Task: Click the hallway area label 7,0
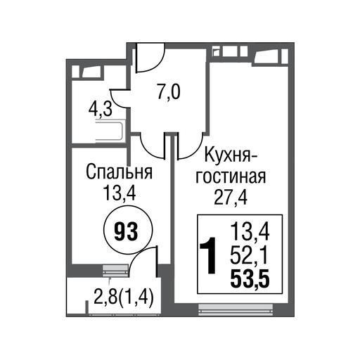[x=169, y=92]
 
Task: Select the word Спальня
[x=119, y=172]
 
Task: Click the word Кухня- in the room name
[x=231, y=155]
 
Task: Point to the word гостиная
[x=231, y=176]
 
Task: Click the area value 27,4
[x=231, y=198]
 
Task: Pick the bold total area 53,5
[x=250, y=279]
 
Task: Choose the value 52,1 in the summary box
[x=249, y=256]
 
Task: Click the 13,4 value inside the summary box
[x=250, y=233]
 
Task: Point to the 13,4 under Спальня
[x=120, y=193]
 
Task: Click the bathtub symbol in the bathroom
[x=110, y=132]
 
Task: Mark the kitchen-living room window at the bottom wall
[x=236, y=310]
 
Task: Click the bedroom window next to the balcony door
[x=116, y=269]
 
